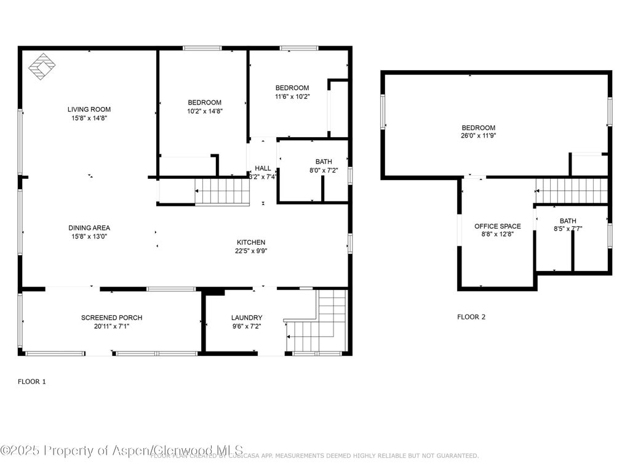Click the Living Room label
point(89,109)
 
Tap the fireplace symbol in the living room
point(41,66)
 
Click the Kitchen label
point(251,242)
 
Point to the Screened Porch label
point(111,318)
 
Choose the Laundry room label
point(247,318)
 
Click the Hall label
point(263,168)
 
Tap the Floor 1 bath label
point(324,162)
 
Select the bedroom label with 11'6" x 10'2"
point(292,88)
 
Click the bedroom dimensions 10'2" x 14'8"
point(204,112)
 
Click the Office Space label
point(497,226)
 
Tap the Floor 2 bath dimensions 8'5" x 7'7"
point(568,229)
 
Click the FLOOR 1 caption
point(32,382)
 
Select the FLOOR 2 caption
point(471,317)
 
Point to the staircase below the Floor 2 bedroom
point(571,191)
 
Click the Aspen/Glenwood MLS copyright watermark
point(122,450)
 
